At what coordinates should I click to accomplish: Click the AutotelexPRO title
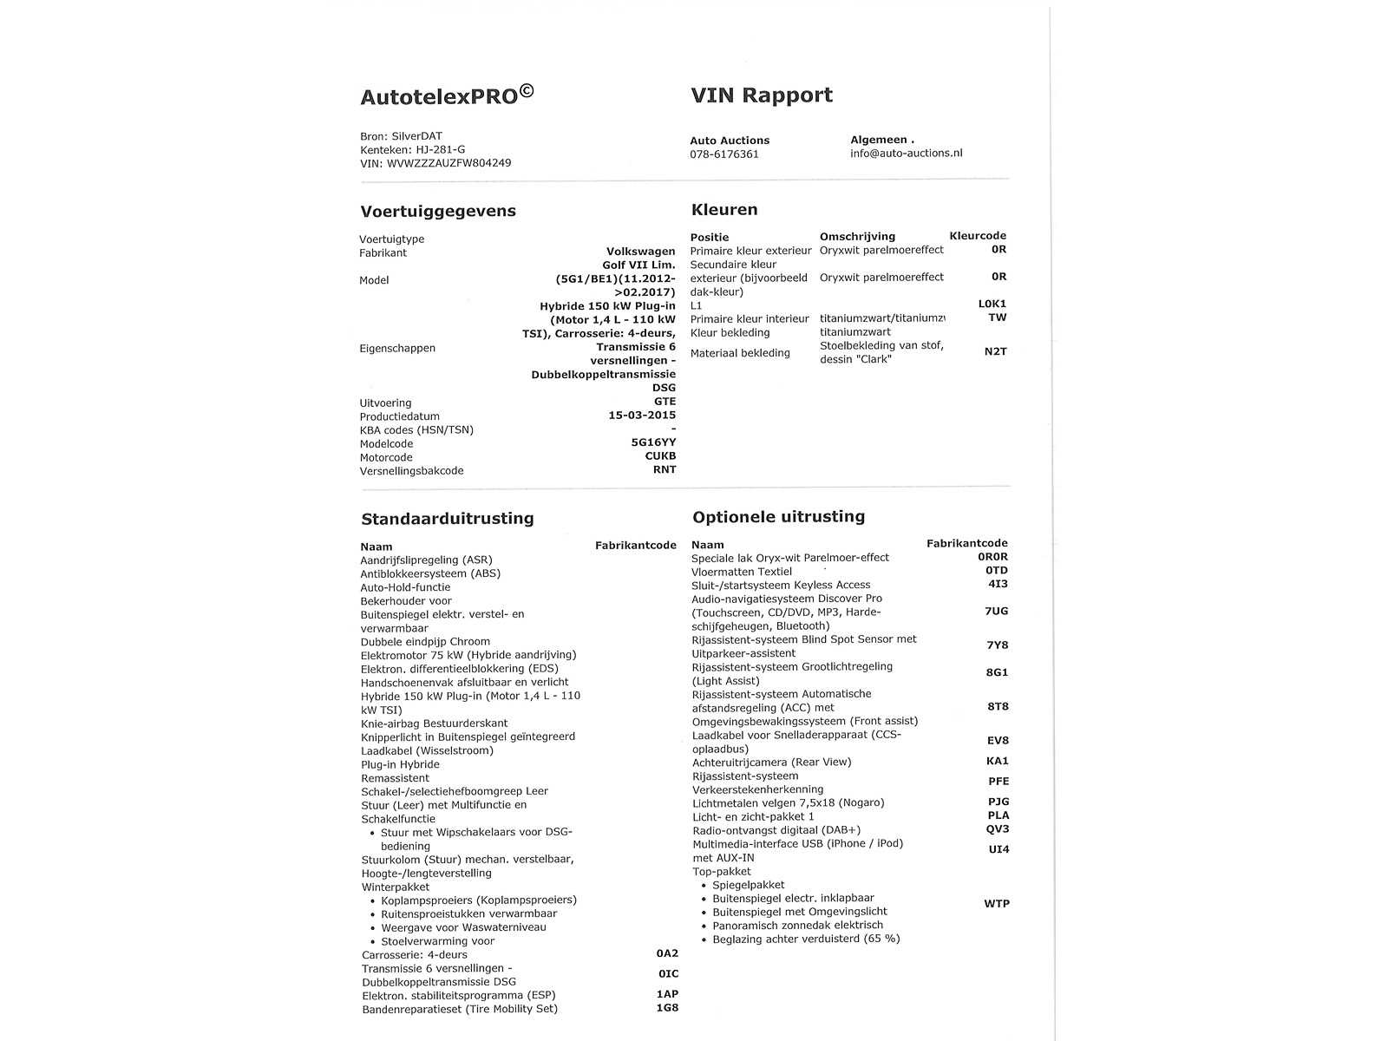pos(447,95)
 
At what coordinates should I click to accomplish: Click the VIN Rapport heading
pos(761,95)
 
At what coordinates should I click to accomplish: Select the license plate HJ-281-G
pos(440,149)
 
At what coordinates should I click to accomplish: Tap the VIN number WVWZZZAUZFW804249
pos(448,163)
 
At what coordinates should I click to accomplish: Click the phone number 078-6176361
pos(723,154)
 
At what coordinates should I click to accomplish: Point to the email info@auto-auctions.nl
pos(906,154)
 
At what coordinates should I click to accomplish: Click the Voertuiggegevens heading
pos(438,212)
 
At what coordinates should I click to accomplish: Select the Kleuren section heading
pos(724,210)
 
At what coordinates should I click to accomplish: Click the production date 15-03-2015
pos(641,416)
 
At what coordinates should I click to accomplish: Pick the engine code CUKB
pos(660,456)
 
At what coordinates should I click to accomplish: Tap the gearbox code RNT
pos(665,470)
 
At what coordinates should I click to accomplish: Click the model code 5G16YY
pos(653,442)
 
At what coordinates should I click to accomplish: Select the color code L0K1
pos(992,304)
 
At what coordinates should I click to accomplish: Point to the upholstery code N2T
pos(995,352)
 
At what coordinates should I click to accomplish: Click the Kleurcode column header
pos(978,236)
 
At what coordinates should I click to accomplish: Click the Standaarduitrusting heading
pos(447,519)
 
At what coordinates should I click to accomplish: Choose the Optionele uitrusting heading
pos(778,517)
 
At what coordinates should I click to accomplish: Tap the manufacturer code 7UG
pos(996,612)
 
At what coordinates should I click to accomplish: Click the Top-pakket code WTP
pos(996,904)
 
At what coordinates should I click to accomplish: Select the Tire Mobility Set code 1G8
pos(667,1009)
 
